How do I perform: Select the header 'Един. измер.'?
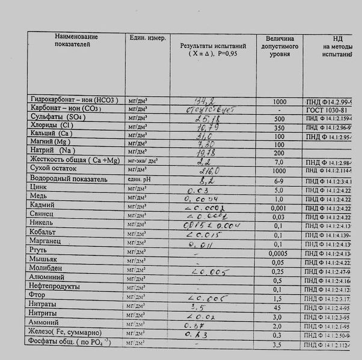coord(147,38)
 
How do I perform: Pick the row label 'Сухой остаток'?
coord(54,169)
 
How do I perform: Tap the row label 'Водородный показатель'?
coord(69,179)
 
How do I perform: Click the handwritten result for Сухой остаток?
coord(206,171)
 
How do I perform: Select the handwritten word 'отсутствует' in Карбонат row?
coord(214,109)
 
